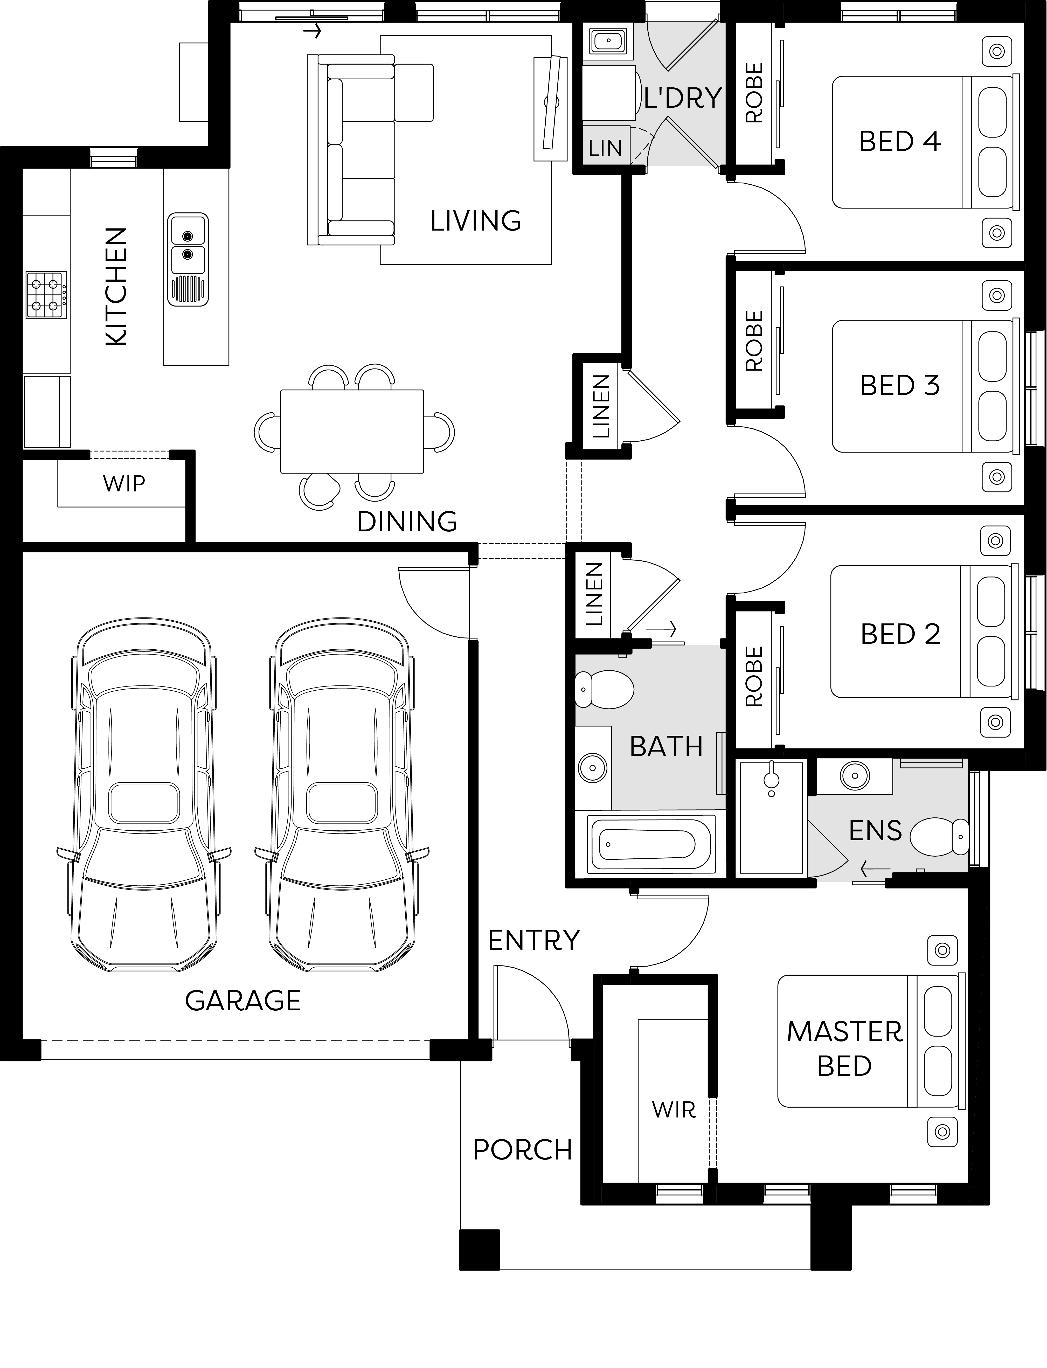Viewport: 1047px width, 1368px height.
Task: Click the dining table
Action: coord(352,431)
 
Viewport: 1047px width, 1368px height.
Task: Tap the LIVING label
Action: coord(475,221)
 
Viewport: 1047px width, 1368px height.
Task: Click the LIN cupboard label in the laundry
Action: coord(605,148)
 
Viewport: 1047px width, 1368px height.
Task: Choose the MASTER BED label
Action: coord(844,1049)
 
